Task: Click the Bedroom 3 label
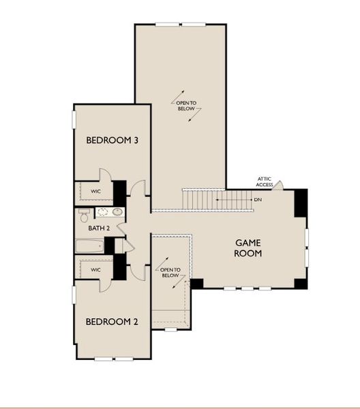coord(112,140)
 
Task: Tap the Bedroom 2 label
coord(112,322)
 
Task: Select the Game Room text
coord(247,248)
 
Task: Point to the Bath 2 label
coord(99,228)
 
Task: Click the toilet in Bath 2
coord(85,215)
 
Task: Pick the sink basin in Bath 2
coord(118,212)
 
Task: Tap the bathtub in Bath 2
coord(90,246)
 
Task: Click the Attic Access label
coord(265,182)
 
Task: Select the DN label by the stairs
coord(258,200)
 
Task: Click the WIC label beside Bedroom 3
coord(95,191)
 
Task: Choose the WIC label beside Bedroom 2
coord(95,270)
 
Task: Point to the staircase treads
coord(217,200)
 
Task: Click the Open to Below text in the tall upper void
coord(186,106)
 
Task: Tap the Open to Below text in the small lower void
coord(170,273)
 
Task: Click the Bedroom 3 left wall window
coord(74,119)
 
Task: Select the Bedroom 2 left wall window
coord(74,294)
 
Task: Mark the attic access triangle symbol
coord(278,185)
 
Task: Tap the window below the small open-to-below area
coord(171,330)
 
